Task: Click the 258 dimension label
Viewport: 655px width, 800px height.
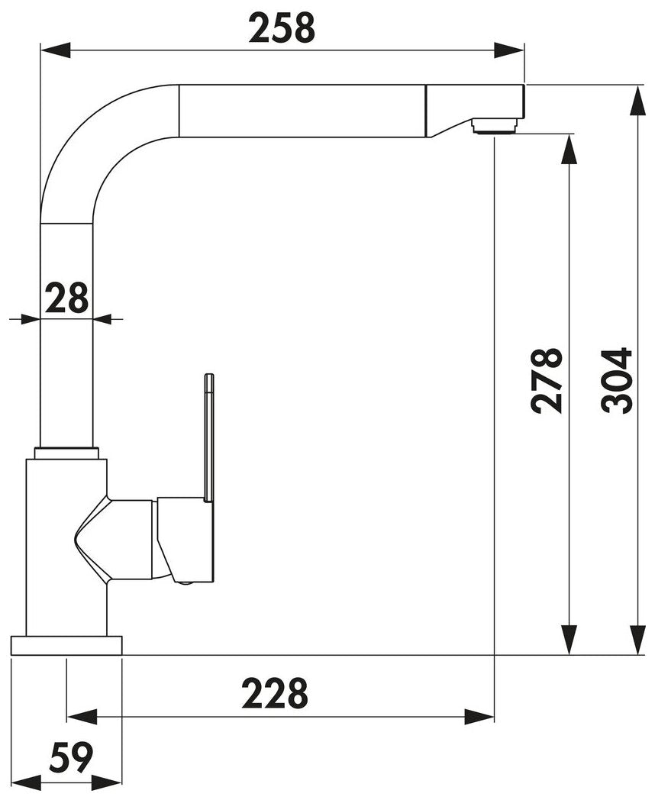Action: [x=282, y=28]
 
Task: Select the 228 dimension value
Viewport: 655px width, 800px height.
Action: [x=275, y=693]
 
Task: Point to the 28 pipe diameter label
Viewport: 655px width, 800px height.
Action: [x=67, y=298]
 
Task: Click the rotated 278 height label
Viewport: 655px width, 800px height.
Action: [x=547, y=380]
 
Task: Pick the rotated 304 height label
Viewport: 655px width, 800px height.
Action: [x=617, y=380]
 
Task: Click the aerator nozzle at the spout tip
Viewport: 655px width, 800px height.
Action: [x=495, y=125]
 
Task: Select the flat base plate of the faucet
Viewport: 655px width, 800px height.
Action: [x=66, y=645]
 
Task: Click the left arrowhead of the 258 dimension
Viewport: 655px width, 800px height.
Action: [x=55, y=50]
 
